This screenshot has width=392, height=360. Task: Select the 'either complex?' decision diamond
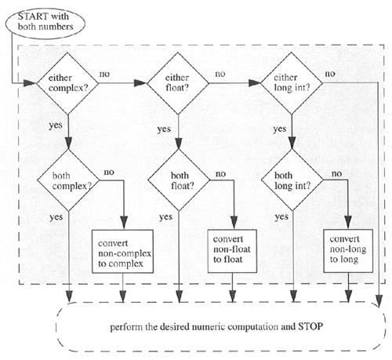point(69,81)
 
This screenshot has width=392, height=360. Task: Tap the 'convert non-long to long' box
point(347,244)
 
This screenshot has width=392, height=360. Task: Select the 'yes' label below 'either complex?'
point(56,124)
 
